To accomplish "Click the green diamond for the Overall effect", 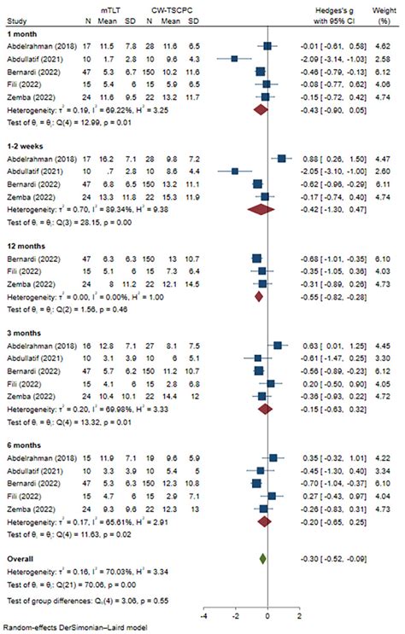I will point(263,560).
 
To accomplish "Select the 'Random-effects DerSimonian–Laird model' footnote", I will point(70,629).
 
